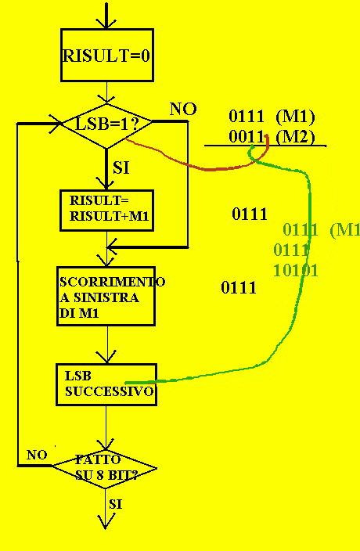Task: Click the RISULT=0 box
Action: tap(107, 55)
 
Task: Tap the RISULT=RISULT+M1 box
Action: tap(106, 211)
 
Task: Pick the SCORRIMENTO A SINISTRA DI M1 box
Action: tap(106, 296)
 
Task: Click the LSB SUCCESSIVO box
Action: tap(106, 384)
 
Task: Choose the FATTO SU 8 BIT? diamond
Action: tap(104, 468)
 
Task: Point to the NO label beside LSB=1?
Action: tap(183, 110)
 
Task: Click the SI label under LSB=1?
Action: tap(121, 168)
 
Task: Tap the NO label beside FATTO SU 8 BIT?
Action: tap(37, 455)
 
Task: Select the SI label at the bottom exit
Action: tap(115, 504)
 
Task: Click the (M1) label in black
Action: tap(295, 117)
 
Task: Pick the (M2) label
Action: tap(295, 137)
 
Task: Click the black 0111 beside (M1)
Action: tap(247, 117)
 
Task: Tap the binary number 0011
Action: tap(247, 137)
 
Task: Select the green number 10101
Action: tap(296, 271)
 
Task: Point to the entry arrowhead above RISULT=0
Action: tap(106, 23)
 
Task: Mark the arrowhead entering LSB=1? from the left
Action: tap(56, 124)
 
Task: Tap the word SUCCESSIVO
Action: tap(110, 391)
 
